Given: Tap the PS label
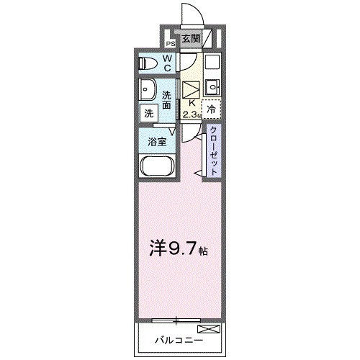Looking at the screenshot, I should [x=171, y=43].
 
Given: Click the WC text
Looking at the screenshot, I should [x=166, y=63].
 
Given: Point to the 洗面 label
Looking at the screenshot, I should [x=166, y=100].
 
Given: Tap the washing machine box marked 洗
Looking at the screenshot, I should [x=148, y=113].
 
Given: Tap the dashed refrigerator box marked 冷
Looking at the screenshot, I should [x=211, y=109].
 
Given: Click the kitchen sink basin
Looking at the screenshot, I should [x=212, y=89].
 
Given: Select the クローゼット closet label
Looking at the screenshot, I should [x=214, y=150].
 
